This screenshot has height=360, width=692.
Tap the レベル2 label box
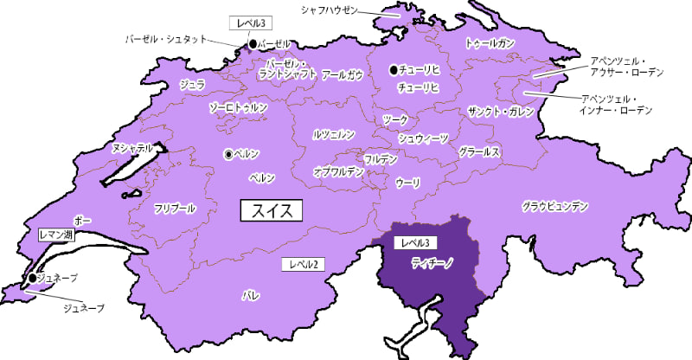point(304,264)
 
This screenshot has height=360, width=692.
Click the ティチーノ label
point(432,260)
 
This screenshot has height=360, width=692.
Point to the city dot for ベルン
point(228,154)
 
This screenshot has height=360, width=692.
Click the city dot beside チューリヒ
point(394,69)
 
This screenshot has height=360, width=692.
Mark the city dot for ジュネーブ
point(33,278)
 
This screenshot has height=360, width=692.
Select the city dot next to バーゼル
point(253,43)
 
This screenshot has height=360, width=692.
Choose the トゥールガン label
point(490,42)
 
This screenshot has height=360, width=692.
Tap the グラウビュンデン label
point(555,207)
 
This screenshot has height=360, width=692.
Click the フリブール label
point(175,209)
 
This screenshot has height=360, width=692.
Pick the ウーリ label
point(407,183)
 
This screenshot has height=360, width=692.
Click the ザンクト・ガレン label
point(500,113)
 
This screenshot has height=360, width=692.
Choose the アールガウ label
point(343,75)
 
